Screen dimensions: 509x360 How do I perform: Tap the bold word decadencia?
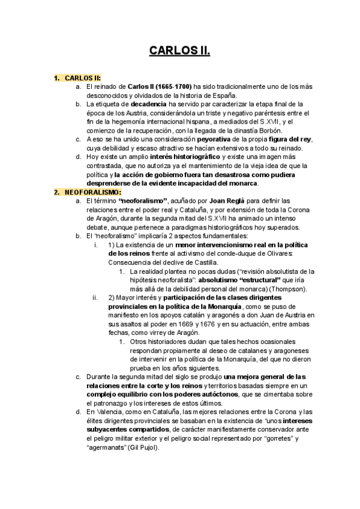pos(137,104)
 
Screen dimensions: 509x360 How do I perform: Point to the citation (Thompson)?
pos(286,289)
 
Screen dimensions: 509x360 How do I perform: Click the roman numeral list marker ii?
pos(95,298)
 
